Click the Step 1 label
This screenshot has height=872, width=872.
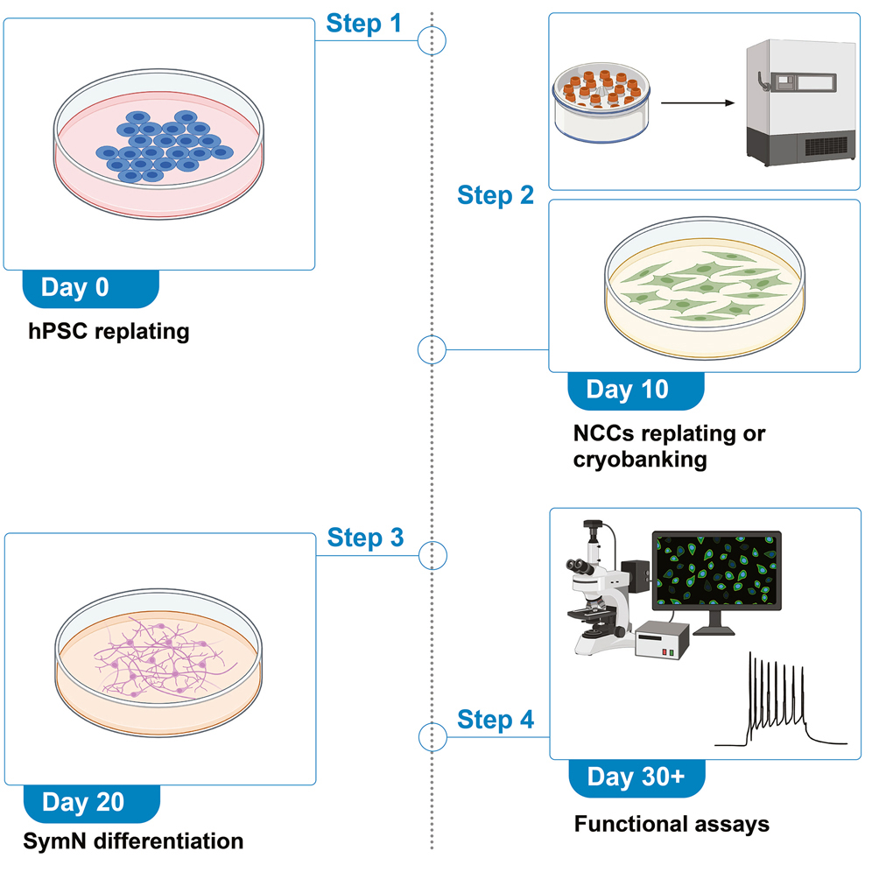(363, 24)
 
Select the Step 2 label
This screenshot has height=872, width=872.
(495, 195)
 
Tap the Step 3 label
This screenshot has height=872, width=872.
(365, 538)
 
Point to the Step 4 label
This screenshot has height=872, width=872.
(495, 720)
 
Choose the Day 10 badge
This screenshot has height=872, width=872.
(627, 390)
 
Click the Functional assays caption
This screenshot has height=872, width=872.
(672, 824)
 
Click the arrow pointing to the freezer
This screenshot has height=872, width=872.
(698, 102)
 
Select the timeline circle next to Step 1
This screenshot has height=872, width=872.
(432, 39)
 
